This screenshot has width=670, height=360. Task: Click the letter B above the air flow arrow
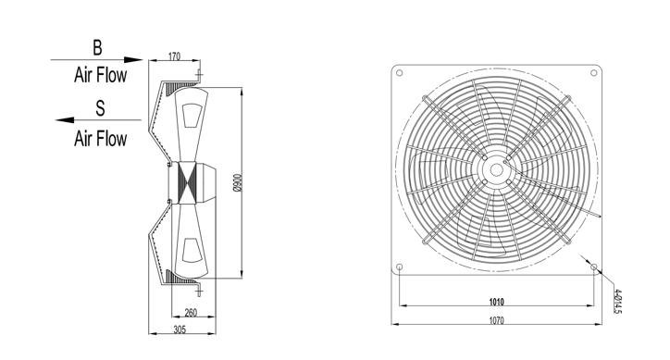[x=97, y=47]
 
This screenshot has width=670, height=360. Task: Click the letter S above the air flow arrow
[x=100, y=108]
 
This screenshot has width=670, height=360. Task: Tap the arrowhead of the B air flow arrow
[x=133, y=60]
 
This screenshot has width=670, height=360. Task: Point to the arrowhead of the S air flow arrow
[x=65, y=120]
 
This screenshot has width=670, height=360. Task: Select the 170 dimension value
[x=174, y=56]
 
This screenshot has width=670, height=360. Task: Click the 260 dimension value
[x=191, y=313]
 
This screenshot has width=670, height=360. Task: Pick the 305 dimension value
[x=180, y=329]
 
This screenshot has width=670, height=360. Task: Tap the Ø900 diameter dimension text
[x=238, y=182]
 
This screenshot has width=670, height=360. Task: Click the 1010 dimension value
[x=497, y=302]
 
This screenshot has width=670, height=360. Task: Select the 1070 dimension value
[x=497, y=320]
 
